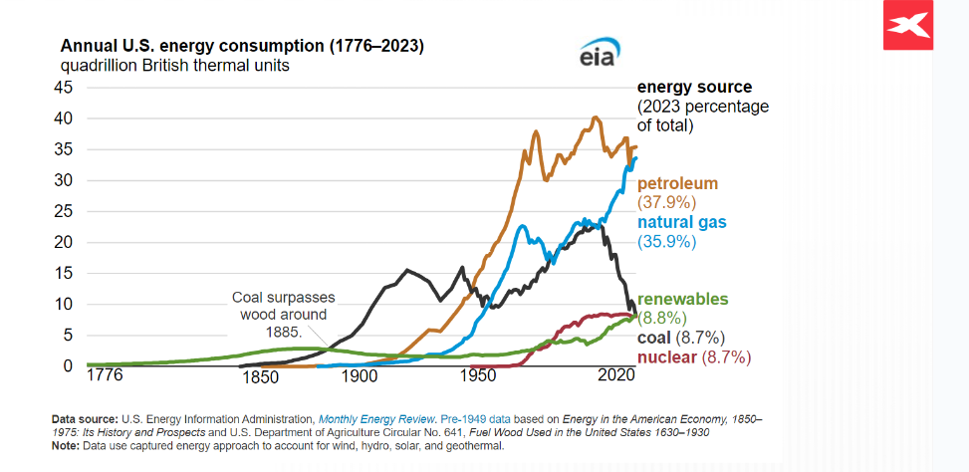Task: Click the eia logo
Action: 599,56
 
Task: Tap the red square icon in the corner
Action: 906,26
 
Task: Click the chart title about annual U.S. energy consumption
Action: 242,47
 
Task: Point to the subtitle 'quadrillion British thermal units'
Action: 175,66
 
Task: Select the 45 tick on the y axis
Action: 64,87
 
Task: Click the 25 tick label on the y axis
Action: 64,211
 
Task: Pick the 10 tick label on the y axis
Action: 64,304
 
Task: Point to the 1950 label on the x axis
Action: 479,378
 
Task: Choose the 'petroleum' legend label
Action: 677,184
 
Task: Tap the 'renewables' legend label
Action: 683,299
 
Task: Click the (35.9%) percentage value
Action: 667,241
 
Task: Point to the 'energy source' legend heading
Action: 694,88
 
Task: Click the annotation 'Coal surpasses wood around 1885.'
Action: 284,314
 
